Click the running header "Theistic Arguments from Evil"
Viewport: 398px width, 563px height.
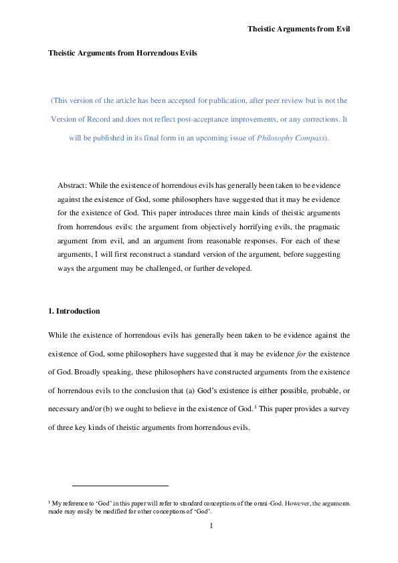298,29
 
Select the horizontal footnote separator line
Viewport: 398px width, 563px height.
120,486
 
